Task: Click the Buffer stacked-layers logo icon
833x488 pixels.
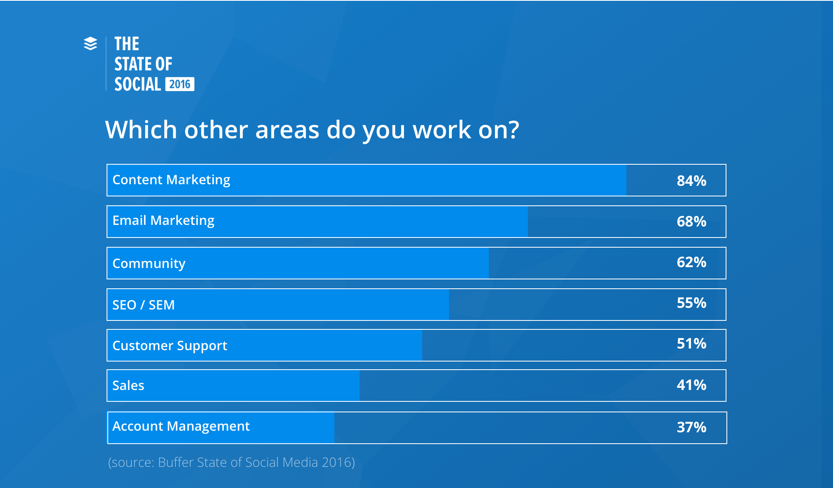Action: click(x=90, y=44)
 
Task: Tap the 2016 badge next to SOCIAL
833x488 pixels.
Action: click(x=180, y=84)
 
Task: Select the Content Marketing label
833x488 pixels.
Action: click(x=171, y=180)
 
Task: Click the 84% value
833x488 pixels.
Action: click(x=691, y=181)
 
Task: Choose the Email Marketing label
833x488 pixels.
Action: click(x=163, y=220)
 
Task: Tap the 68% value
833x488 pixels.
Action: click(x=691, y=222)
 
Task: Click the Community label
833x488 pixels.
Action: click(x=149, y=264)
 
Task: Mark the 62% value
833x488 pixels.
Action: click(x=691, y=262)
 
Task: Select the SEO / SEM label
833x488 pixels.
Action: click(x=143, y=305)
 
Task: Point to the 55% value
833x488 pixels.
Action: click(x=691, y=303)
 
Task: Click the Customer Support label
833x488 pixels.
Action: click(x=170, y=346)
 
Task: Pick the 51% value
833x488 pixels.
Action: click(x=691, y=344)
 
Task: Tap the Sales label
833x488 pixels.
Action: click(x=128, y=386)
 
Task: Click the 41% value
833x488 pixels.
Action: click(x=691, y=385)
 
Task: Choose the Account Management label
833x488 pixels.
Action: click(x=181, y=426)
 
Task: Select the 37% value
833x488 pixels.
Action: click(x=691, y=427)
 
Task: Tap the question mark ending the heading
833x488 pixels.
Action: click(x=513, y=130)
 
